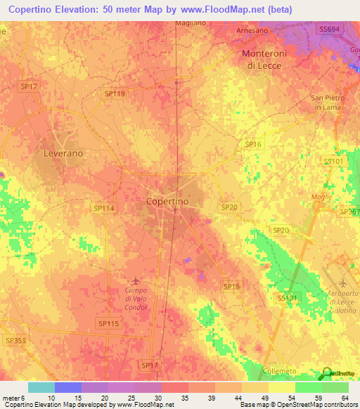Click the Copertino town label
(x=167, y=201)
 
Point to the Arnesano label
(x=252, y=31)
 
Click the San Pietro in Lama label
(x=328, y=102)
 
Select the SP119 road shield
(x=115, y=93)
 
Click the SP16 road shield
(x=253, y=144)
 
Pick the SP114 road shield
(x=103, y=208)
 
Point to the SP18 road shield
(x=231, y=286)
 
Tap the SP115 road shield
(x=108, y=323)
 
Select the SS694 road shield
(x=328, y=29)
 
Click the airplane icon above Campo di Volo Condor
(x=136, y=281)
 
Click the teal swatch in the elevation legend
(x=41, y=387)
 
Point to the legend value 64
(x=344, y=398)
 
